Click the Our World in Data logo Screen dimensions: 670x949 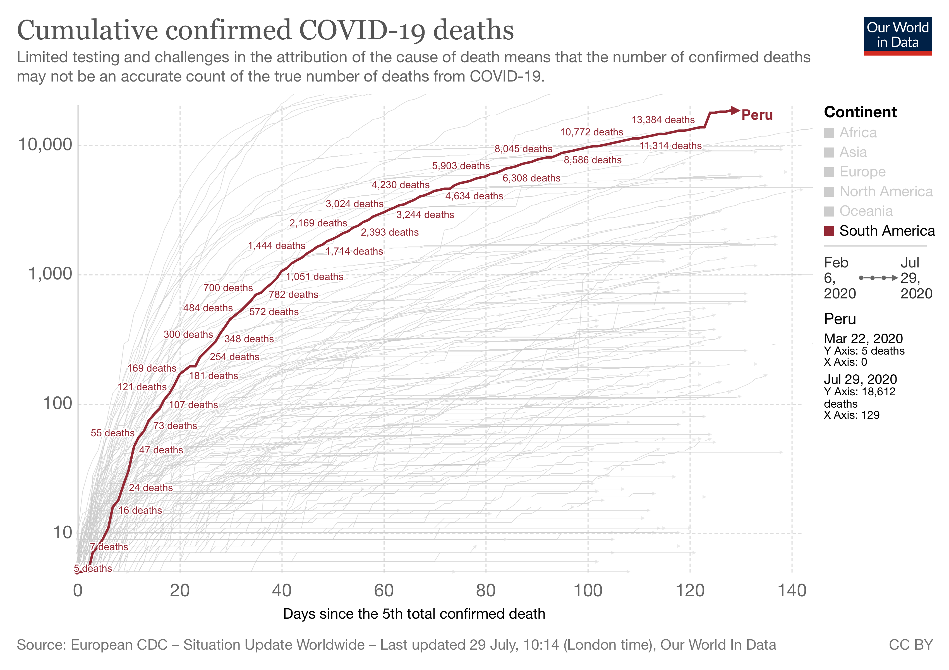click(897, 35)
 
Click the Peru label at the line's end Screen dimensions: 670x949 click(757, 115)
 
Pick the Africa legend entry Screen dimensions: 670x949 click(858, 133)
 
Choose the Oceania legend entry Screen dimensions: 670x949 click(866, 211)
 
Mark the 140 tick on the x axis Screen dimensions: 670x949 click(792, 591)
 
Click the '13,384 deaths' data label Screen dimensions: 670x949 click(663, 120)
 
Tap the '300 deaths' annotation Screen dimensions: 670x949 click(188, 334)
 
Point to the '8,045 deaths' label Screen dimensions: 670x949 click(523, 149)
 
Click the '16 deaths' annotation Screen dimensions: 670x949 click(140, 511)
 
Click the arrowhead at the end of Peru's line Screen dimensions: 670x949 click(735, 110)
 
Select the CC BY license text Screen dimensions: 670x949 click(910, 645)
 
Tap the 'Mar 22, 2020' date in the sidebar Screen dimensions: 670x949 click(863, 339)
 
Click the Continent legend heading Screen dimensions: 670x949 click(860, 112)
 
